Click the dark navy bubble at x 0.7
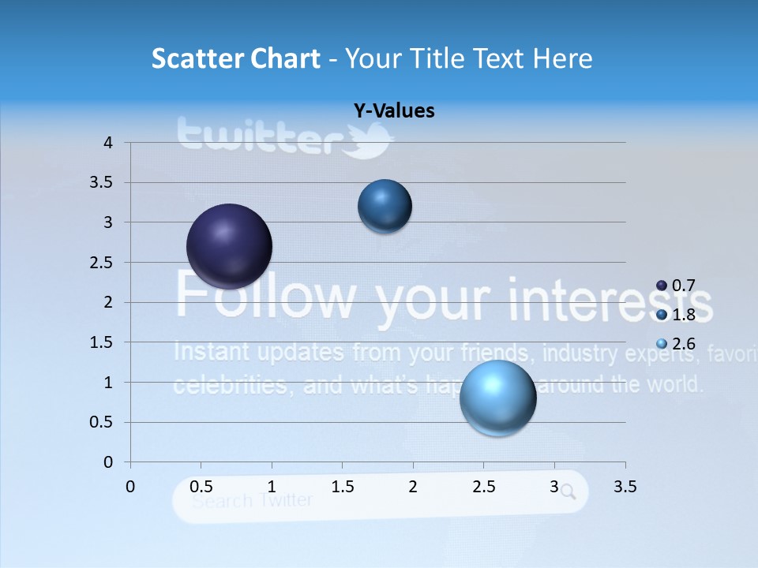pyautogui.click(x=230, y=246)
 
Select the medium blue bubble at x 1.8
pyautogui.click(x=385, y=206)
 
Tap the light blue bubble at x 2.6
pyautogui.click(x=498, y=398)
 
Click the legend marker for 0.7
pyautogui.click(x=662, y=286)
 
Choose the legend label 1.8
pyautogui.click(x=684, y=315)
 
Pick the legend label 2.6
pyautogui.click(x=684, y=344)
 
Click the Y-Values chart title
pyautogui.click(x=394, y=111)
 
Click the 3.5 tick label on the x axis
pyautogui.click(x=625, y=487)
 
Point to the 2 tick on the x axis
pyautogui.click(x=413, y=487)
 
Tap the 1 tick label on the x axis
pyautogui.click(x=272, y=487)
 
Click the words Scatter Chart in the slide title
pyautogui.click(x=235, y=58)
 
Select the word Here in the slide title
pyautogui.click(x=561, y=58)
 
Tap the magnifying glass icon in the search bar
pyautogui.click(x=568, y=493)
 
